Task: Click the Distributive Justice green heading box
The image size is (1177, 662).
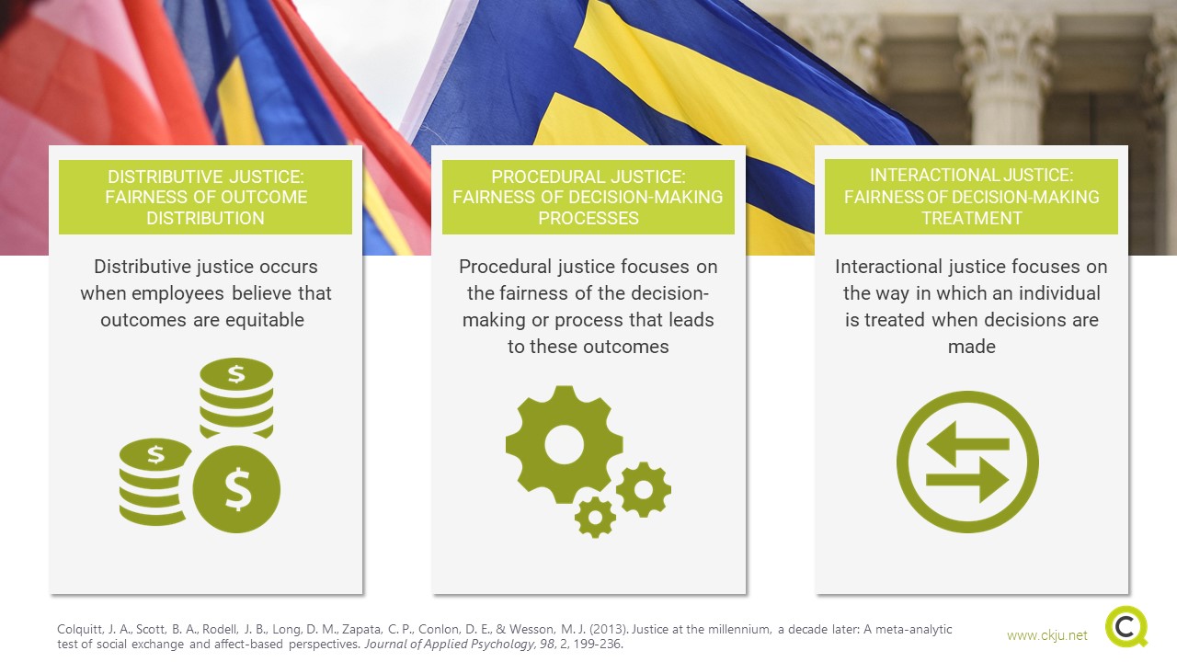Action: click(x=205, y=197)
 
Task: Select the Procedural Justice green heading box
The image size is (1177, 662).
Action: click(x=588, y=197)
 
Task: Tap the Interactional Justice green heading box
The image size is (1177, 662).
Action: click(x=972, y=197)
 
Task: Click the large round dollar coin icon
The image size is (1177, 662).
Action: click(x=236, y=489)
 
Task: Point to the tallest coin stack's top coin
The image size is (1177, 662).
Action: click(x=236, y=374)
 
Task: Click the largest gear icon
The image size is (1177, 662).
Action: click(x=565, y=445)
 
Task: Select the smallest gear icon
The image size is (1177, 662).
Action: click(x=595, y=517)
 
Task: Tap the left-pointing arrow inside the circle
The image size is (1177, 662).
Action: click(x=967, y=444)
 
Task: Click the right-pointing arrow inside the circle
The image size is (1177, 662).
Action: click(x=967, y=480)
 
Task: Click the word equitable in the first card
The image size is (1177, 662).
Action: click(x=264, y=320)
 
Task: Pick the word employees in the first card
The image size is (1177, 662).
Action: click(x=177, y=293)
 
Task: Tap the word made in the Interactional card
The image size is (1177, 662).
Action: click(x=972, y=347)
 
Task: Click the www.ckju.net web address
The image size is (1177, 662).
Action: click(x=1047, y=635)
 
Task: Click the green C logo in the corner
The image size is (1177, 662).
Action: click(x=1126, y=626)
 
